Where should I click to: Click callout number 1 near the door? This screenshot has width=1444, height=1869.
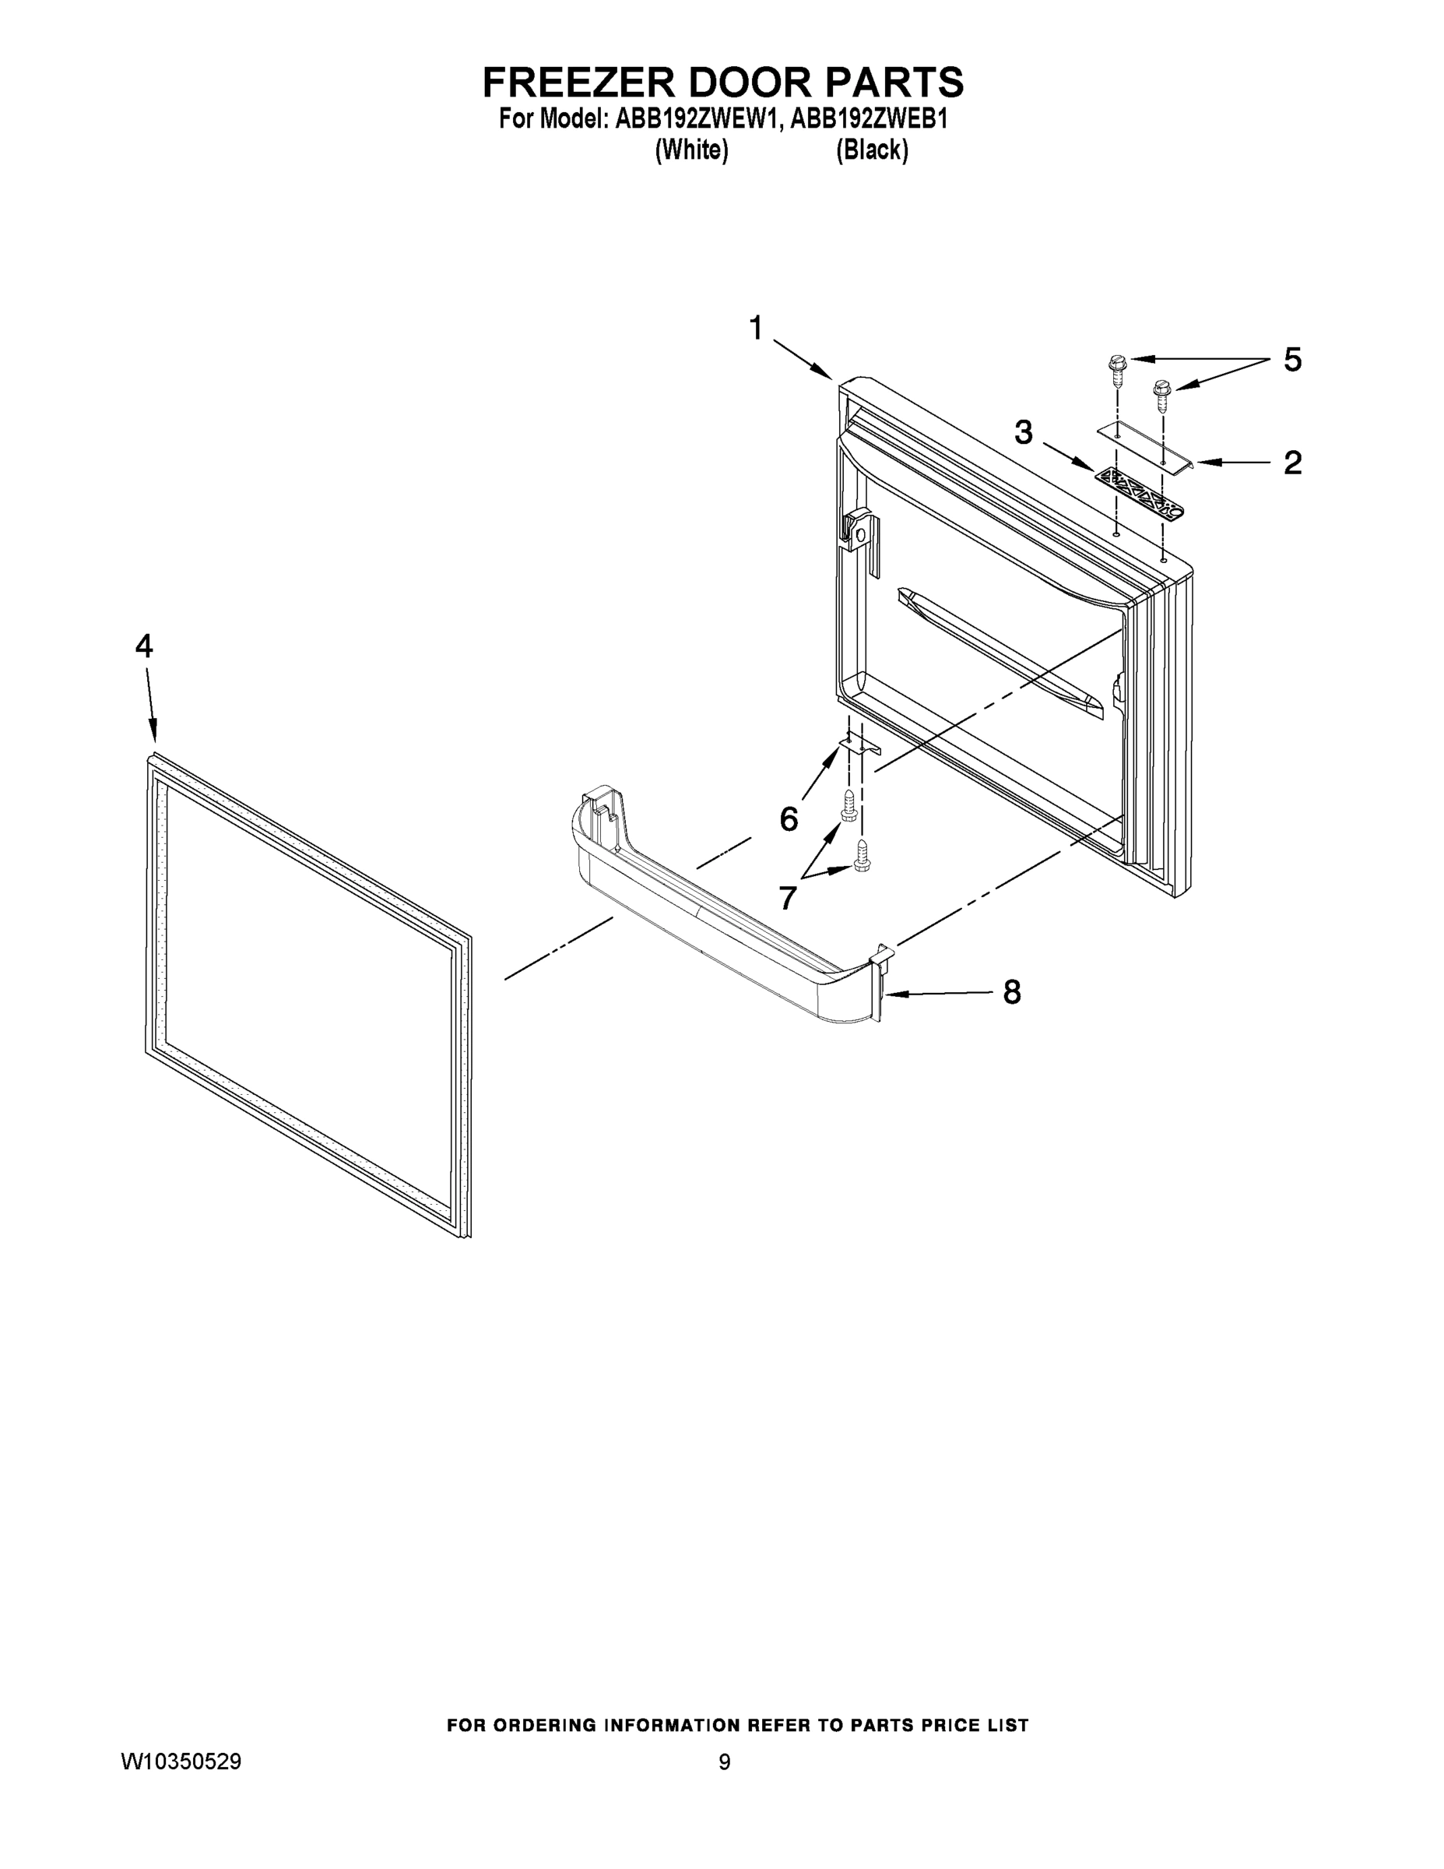click(x=755, y=328)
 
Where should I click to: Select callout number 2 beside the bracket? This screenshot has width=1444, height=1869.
click(x=1292, y=463)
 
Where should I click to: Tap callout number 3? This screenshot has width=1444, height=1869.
click(x=1023, y=433)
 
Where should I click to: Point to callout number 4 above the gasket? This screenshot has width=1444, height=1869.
click(x=144, y=646)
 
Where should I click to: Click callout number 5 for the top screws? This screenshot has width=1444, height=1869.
click(x=1292, y=361)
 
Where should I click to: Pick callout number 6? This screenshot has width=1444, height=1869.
click(x=788, y=819)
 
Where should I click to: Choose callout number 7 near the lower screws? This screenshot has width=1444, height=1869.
click(x=788, y=898)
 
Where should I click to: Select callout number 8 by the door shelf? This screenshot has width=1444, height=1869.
click(x=1011, y=993)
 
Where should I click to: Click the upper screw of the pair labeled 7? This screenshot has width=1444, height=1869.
click(x=848, y=806)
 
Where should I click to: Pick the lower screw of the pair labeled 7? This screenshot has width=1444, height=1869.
click(x=863, y=856)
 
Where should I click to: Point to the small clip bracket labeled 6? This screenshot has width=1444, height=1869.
click(x=859, y=747)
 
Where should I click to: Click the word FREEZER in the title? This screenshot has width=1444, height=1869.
click(x=578, y=83)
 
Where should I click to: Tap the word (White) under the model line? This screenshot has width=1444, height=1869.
click(x=691, y=150)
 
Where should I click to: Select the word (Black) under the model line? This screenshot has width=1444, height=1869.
click(x=872, y=150)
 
